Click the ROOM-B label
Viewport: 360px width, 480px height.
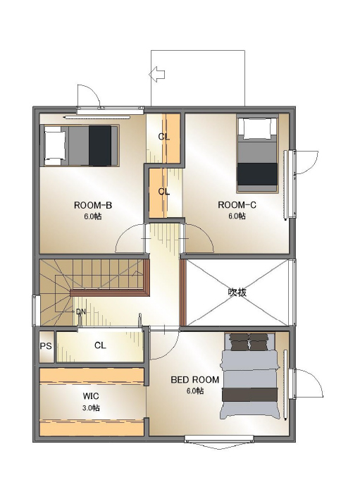click(x=93, y=205)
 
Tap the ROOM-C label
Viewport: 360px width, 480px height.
click(x=237, y=205)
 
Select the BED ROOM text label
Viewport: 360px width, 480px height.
click(x=195, y=380)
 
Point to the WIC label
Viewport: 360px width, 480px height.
click(x=91, y=396)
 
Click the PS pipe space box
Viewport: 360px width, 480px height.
click(x=46, y=347)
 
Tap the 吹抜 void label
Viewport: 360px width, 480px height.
click(x=237, y=293)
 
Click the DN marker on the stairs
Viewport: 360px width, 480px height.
click(x=81, y=312)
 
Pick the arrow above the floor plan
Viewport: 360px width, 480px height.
click(x=157, y=74)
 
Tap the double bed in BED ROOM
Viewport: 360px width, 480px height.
click(x=249, y=376)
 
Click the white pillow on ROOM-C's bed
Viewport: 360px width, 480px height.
click(x=257, y=129)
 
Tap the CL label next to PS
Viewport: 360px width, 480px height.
click(x=100, y=345)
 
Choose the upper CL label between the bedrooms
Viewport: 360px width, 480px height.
click(x=164, y=137)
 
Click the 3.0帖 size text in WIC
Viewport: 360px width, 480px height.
click(x=91, y=408)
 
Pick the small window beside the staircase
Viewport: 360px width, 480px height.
click(x=36, y=310)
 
